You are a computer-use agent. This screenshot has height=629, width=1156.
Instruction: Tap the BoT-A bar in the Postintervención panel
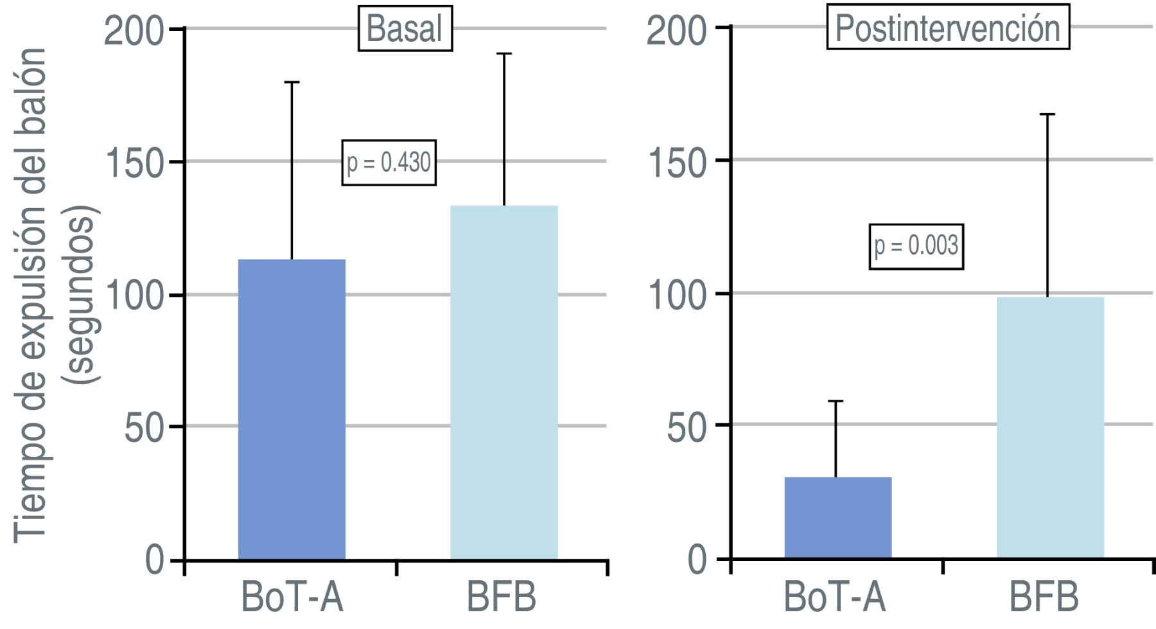coord(837,517)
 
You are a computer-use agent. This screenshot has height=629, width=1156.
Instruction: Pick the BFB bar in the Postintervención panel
coord(1050,427)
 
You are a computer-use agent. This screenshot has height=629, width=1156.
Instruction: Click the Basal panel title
coord(405,29)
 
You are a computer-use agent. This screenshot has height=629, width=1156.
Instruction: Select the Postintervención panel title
coord(947,29)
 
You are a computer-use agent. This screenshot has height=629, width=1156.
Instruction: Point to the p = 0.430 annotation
coord(389,163)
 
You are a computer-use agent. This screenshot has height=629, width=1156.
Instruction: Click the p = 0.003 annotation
coord(916,246)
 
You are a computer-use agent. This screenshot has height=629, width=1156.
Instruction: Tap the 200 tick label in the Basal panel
coord(134,30)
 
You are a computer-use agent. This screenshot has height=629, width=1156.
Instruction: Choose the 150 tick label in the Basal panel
coord(134,163)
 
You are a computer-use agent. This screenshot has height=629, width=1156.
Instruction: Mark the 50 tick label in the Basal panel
coord(145,428)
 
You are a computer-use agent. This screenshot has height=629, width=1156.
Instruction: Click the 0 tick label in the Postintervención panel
coord(697,560)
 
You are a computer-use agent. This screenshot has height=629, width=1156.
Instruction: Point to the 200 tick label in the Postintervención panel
coord(676,30)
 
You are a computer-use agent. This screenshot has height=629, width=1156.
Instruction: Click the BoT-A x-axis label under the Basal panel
coord(292,598)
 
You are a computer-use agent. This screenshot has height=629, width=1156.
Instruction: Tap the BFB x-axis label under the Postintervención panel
coord(1044,598)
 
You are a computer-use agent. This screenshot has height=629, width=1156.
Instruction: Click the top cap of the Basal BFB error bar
coord(504,54)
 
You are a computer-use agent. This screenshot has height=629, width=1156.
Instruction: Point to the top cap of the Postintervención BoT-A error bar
coord(836,401)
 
